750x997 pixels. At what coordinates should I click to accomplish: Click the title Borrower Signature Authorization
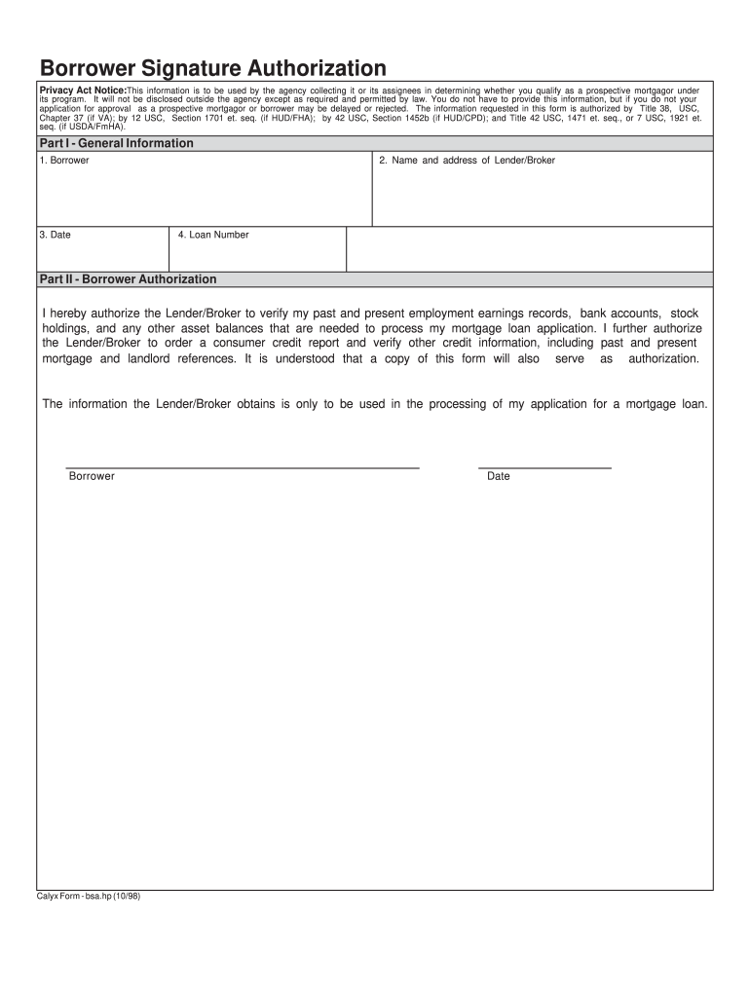(212, 68)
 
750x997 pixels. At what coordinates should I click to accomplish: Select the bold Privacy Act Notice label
(83, 91)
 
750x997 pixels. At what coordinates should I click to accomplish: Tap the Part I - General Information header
(116, 143)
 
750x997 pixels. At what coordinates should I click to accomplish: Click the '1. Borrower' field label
(64, 160)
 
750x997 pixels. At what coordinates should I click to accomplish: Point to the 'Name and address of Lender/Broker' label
(468, 160)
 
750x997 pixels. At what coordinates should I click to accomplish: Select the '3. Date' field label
(56, 235)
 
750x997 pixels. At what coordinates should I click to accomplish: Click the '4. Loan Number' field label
(213, 235)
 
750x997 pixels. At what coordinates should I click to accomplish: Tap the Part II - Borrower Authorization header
(128, 279)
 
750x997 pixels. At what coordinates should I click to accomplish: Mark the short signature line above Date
(544, 468)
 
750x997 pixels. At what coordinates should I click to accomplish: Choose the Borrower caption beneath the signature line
(92, 476)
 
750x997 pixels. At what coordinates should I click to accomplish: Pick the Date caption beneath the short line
(499, 476)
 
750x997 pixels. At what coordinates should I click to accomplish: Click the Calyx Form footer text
(89, 897)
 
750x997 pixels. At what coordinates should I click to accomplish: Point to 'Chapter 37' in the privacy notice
(62, 117)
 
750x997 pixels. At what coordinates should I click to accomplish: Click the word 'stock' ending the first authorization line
(685, 314)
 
